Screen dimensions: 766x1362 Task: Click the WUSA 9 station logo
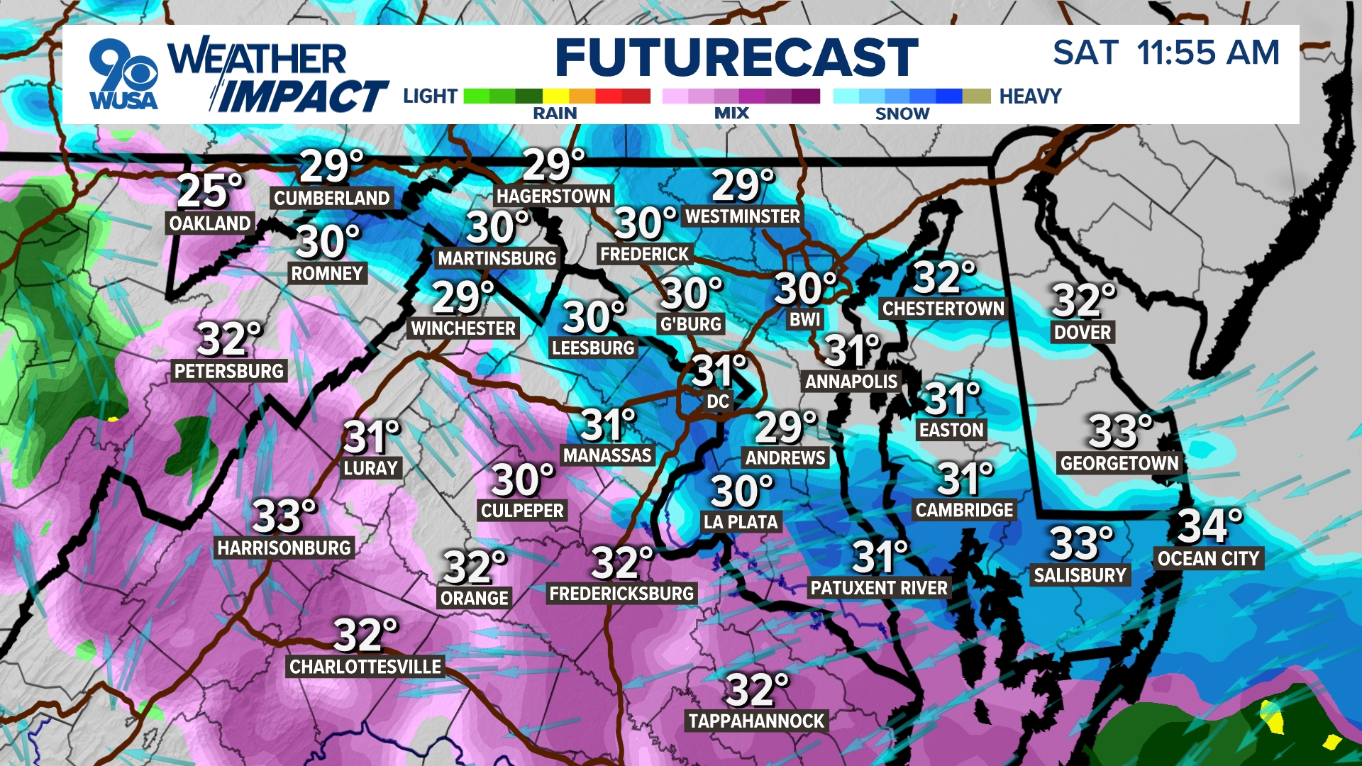pos(123,75)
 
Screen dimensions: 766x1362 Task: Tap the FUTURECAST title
pos(736,58)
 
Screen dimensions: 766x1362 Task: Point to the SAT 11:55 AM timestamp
pos(1166,53)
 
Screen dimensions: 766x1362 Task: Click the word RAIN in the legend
pos(555,113)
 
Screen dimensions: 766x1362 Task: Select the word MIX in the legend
pos(731,113)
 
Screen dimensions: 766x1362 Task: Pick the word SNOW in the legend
pos(902,113)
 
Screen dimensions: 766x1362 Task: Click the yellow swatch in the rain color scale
pos(555,96)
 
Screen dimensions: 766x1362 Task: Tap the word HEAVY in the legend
pos(1030,96)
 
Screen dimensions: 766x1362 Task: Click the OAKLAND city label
pos(210,223)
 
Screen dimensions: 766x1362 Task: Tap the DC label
pos(718,401)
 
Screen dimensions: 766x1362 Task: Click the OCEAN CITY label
pos(1208,559)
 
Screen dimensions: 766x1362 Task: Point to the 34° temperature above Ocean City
pos(1209,526)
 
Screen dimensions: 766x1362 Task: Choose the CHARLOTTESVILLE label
pos(365,667)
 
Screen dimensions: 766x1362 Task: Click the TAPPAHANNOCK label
pos(756,721)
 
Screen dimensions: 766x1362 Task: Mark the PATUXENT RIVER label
pos(879,588)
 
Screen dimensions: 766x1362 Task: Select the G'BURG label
pos(690,324)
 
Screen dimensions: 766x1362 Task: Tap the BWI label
pos(805,320)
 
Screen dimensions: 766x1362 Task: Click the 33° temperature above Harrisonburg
pos(284,516)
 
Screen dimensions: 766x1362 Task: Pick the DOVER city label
pos(1083,332)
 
